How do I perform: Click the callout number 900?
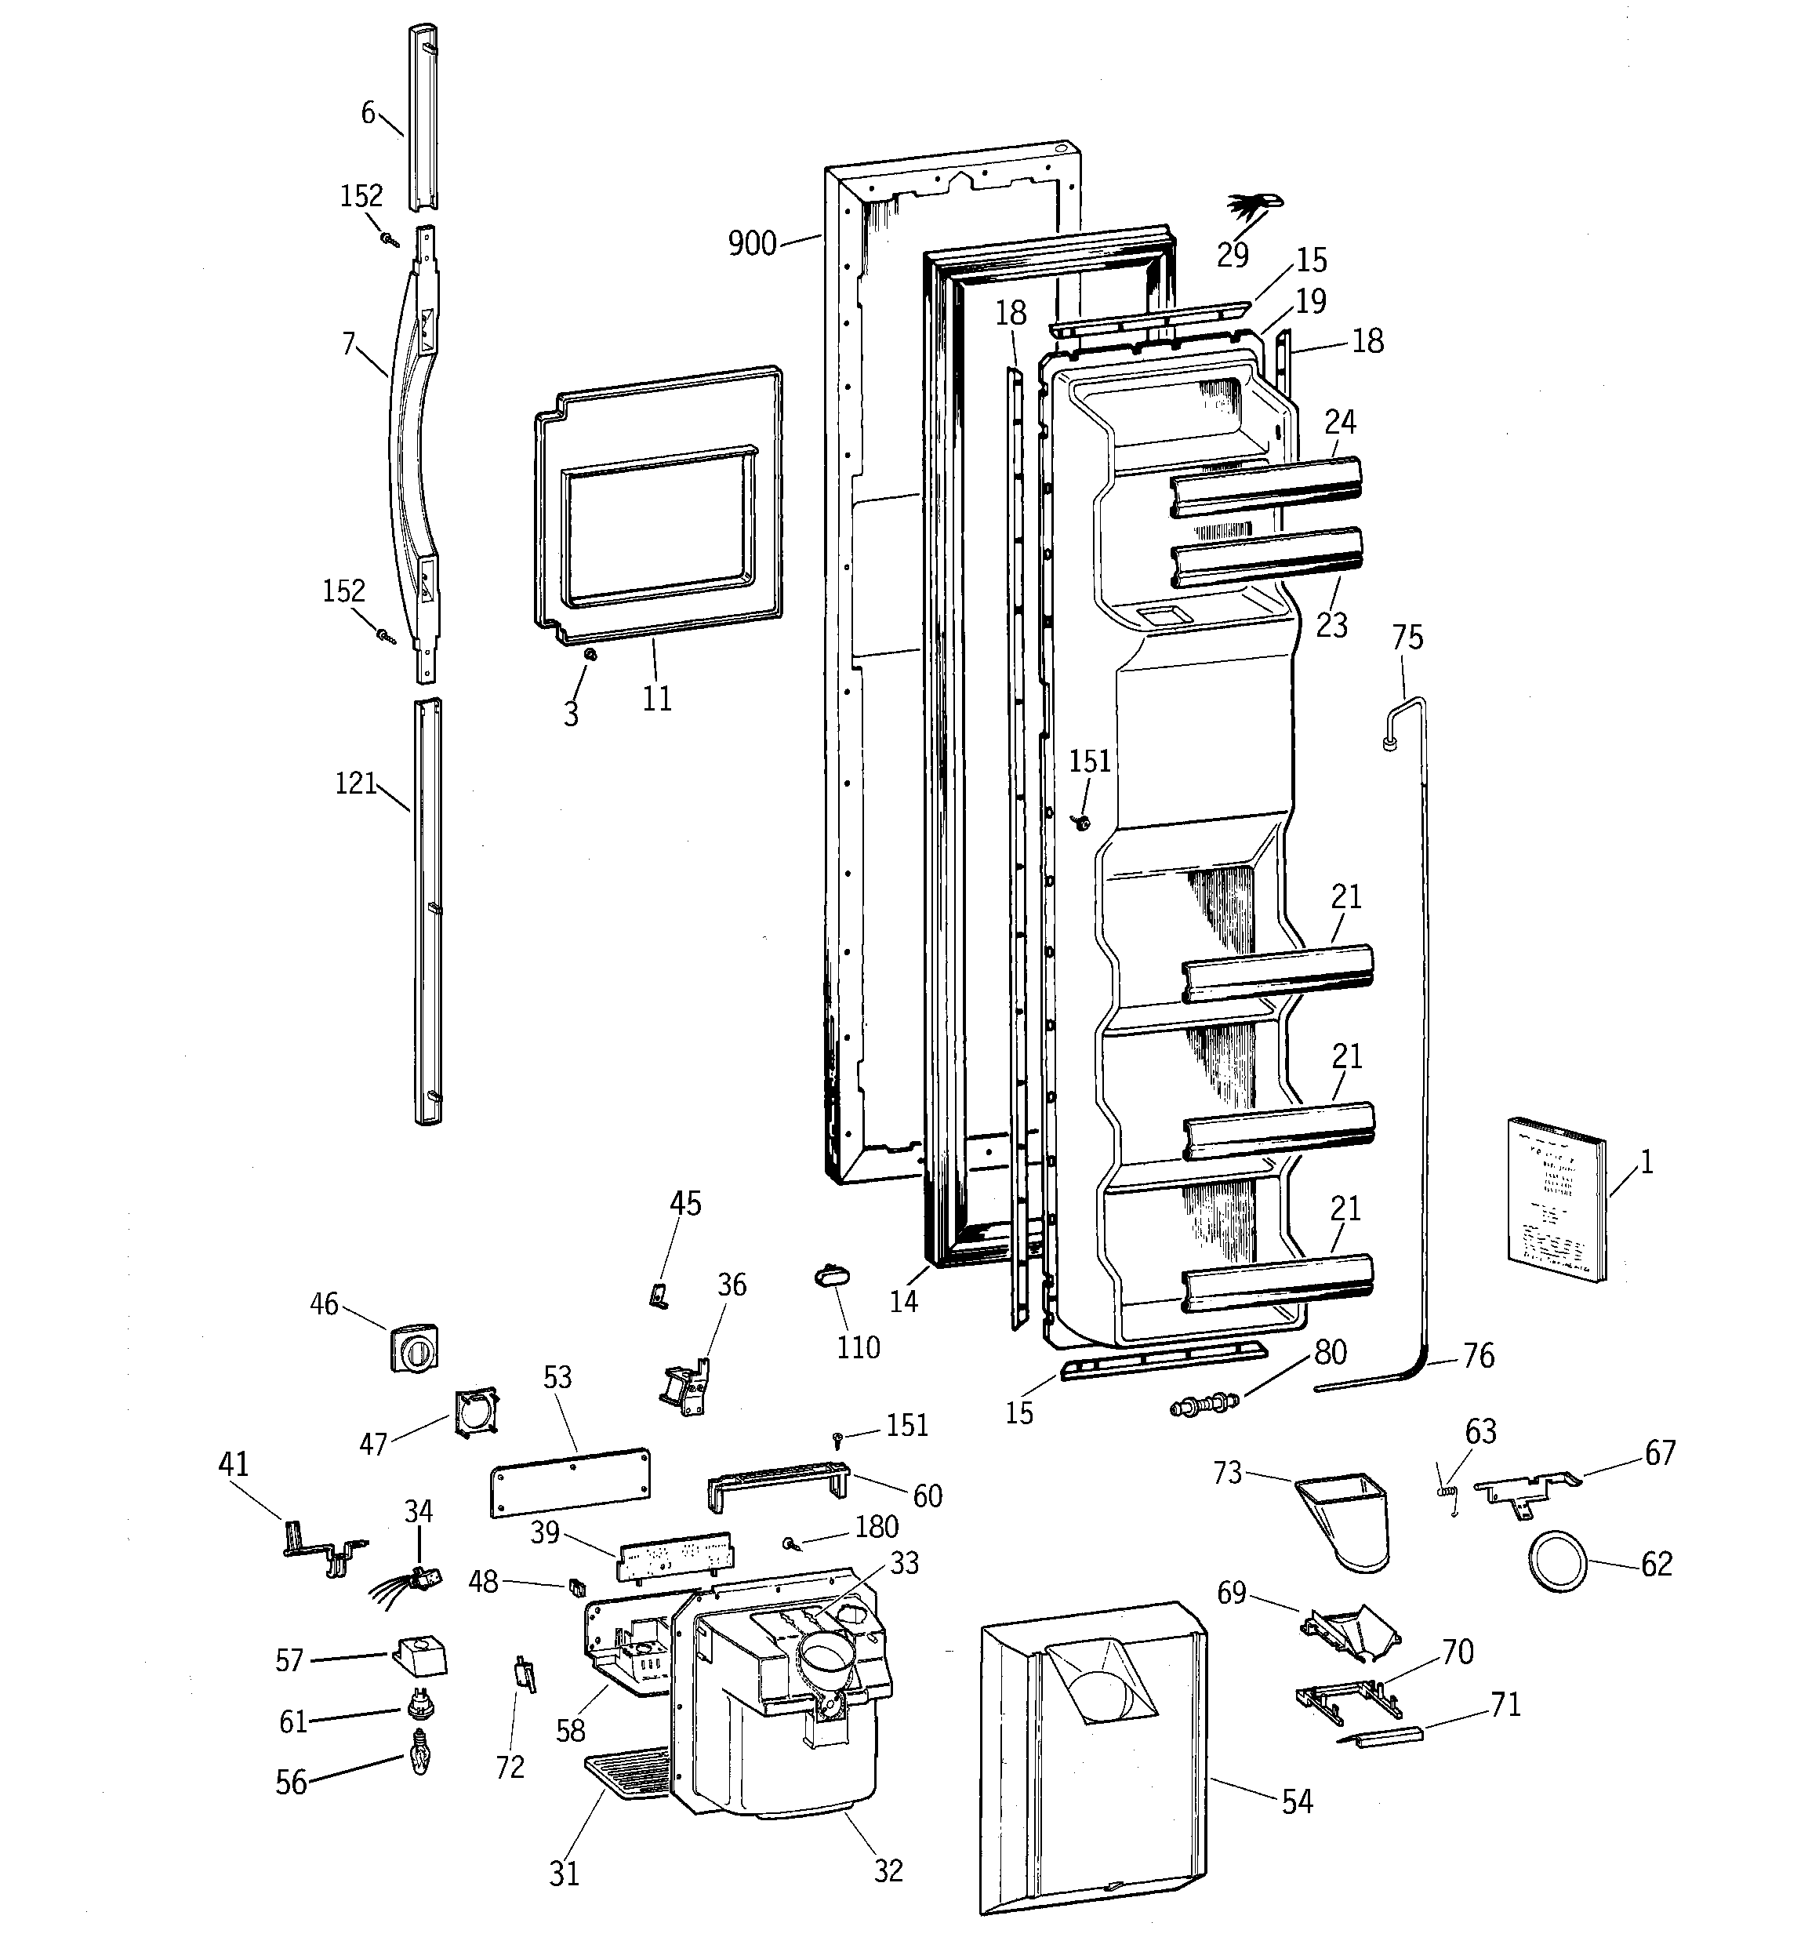point(752,243)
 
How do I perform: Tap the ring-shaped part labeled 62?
point(1556,1562)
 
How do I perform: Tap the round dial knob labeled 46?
point(415,1347)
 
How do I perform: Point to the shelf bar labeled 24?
point(1267,486)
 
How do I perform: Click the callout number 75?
point(1407,638)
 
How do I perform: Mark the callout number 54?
point(1297,1801)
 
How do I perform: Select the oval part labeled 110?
point(832,1277)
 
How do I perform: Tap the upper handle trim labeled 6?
point(423,117)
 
